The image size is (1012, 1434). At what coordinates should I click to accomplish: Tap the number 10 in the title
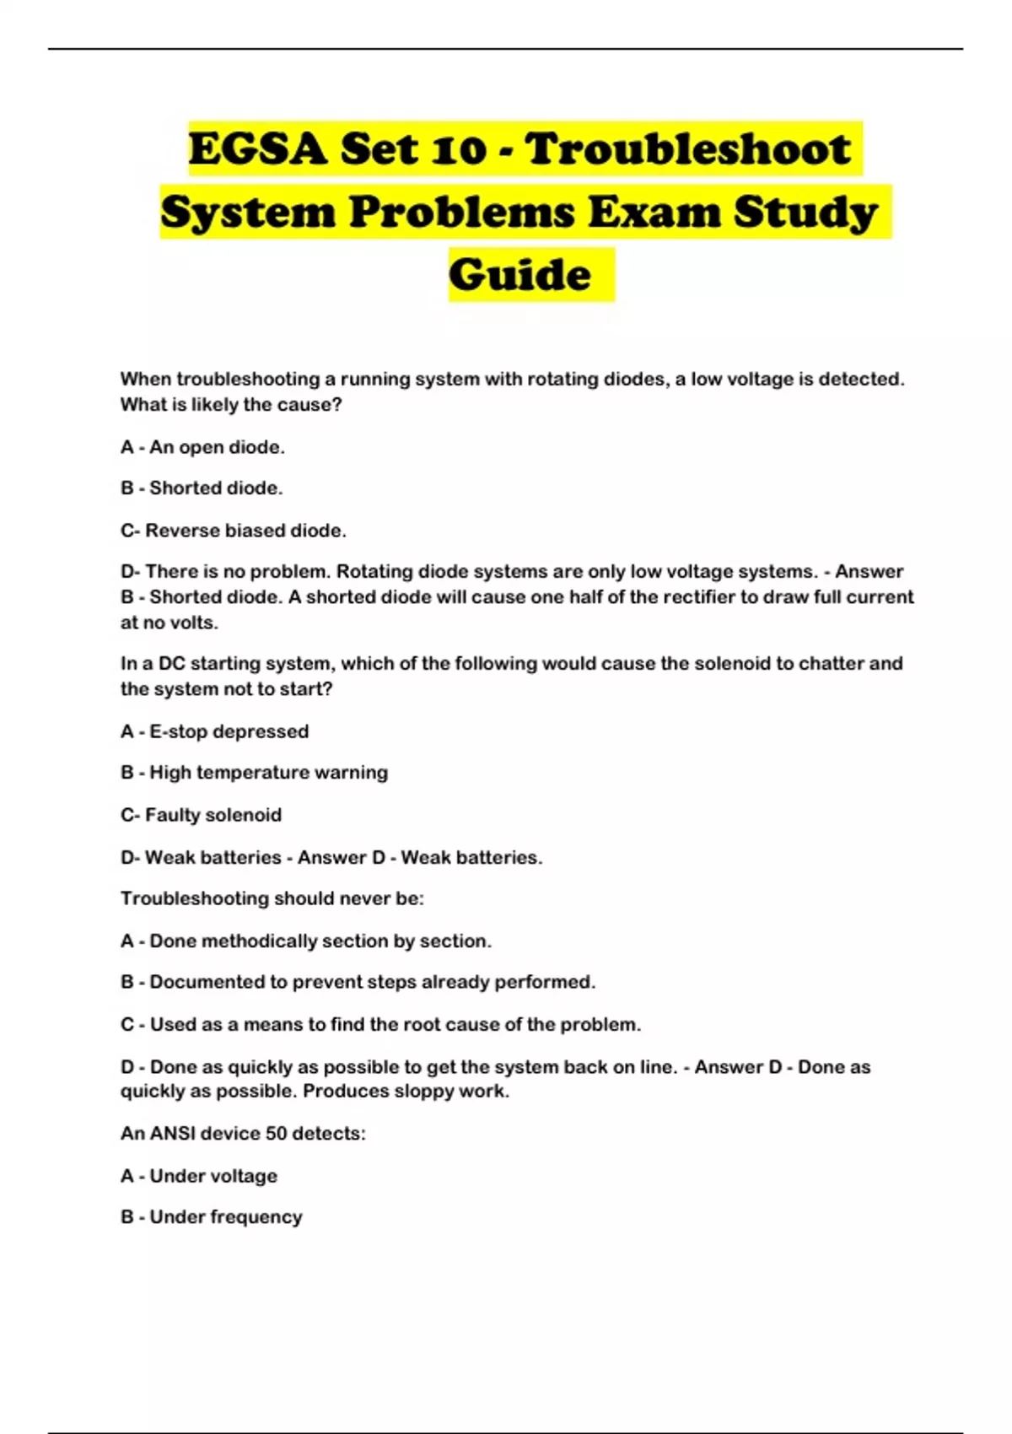(459, 149)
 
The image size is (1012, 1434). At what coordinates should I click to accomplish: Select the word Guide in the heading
(519, 275)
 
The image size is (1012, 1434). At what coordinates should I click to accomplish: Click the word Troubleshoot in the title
(688, 149)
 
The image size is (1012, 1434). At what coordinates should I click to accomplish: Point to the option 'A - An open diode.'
(202, 447)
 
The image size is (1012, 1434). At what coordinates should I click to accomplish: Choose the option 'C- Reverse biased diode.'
(234, 531)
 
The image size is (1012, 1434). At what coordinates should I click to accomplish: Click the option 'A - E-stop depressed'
(214, 731)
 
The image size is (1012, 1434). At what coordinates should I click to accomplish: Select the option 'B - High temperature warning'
(254, 773)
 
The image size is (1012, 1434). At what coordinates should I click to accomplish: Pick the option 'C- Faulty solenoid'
(201, 815)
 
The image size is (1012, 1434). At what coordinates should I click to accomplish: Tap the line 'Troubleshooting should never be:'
(272, 898)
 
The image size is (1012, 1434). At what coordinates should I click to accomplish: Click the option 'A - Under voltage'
(198, 1176)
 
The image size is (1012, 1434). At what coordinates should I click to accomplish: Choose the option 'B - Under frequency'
(211, 1217)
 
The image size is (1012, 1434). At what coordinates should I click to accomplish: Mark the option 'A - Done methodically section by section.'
(305, 941)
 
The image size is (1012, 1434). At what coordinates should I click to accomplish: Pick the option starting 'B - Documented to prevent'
(358, 982)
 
